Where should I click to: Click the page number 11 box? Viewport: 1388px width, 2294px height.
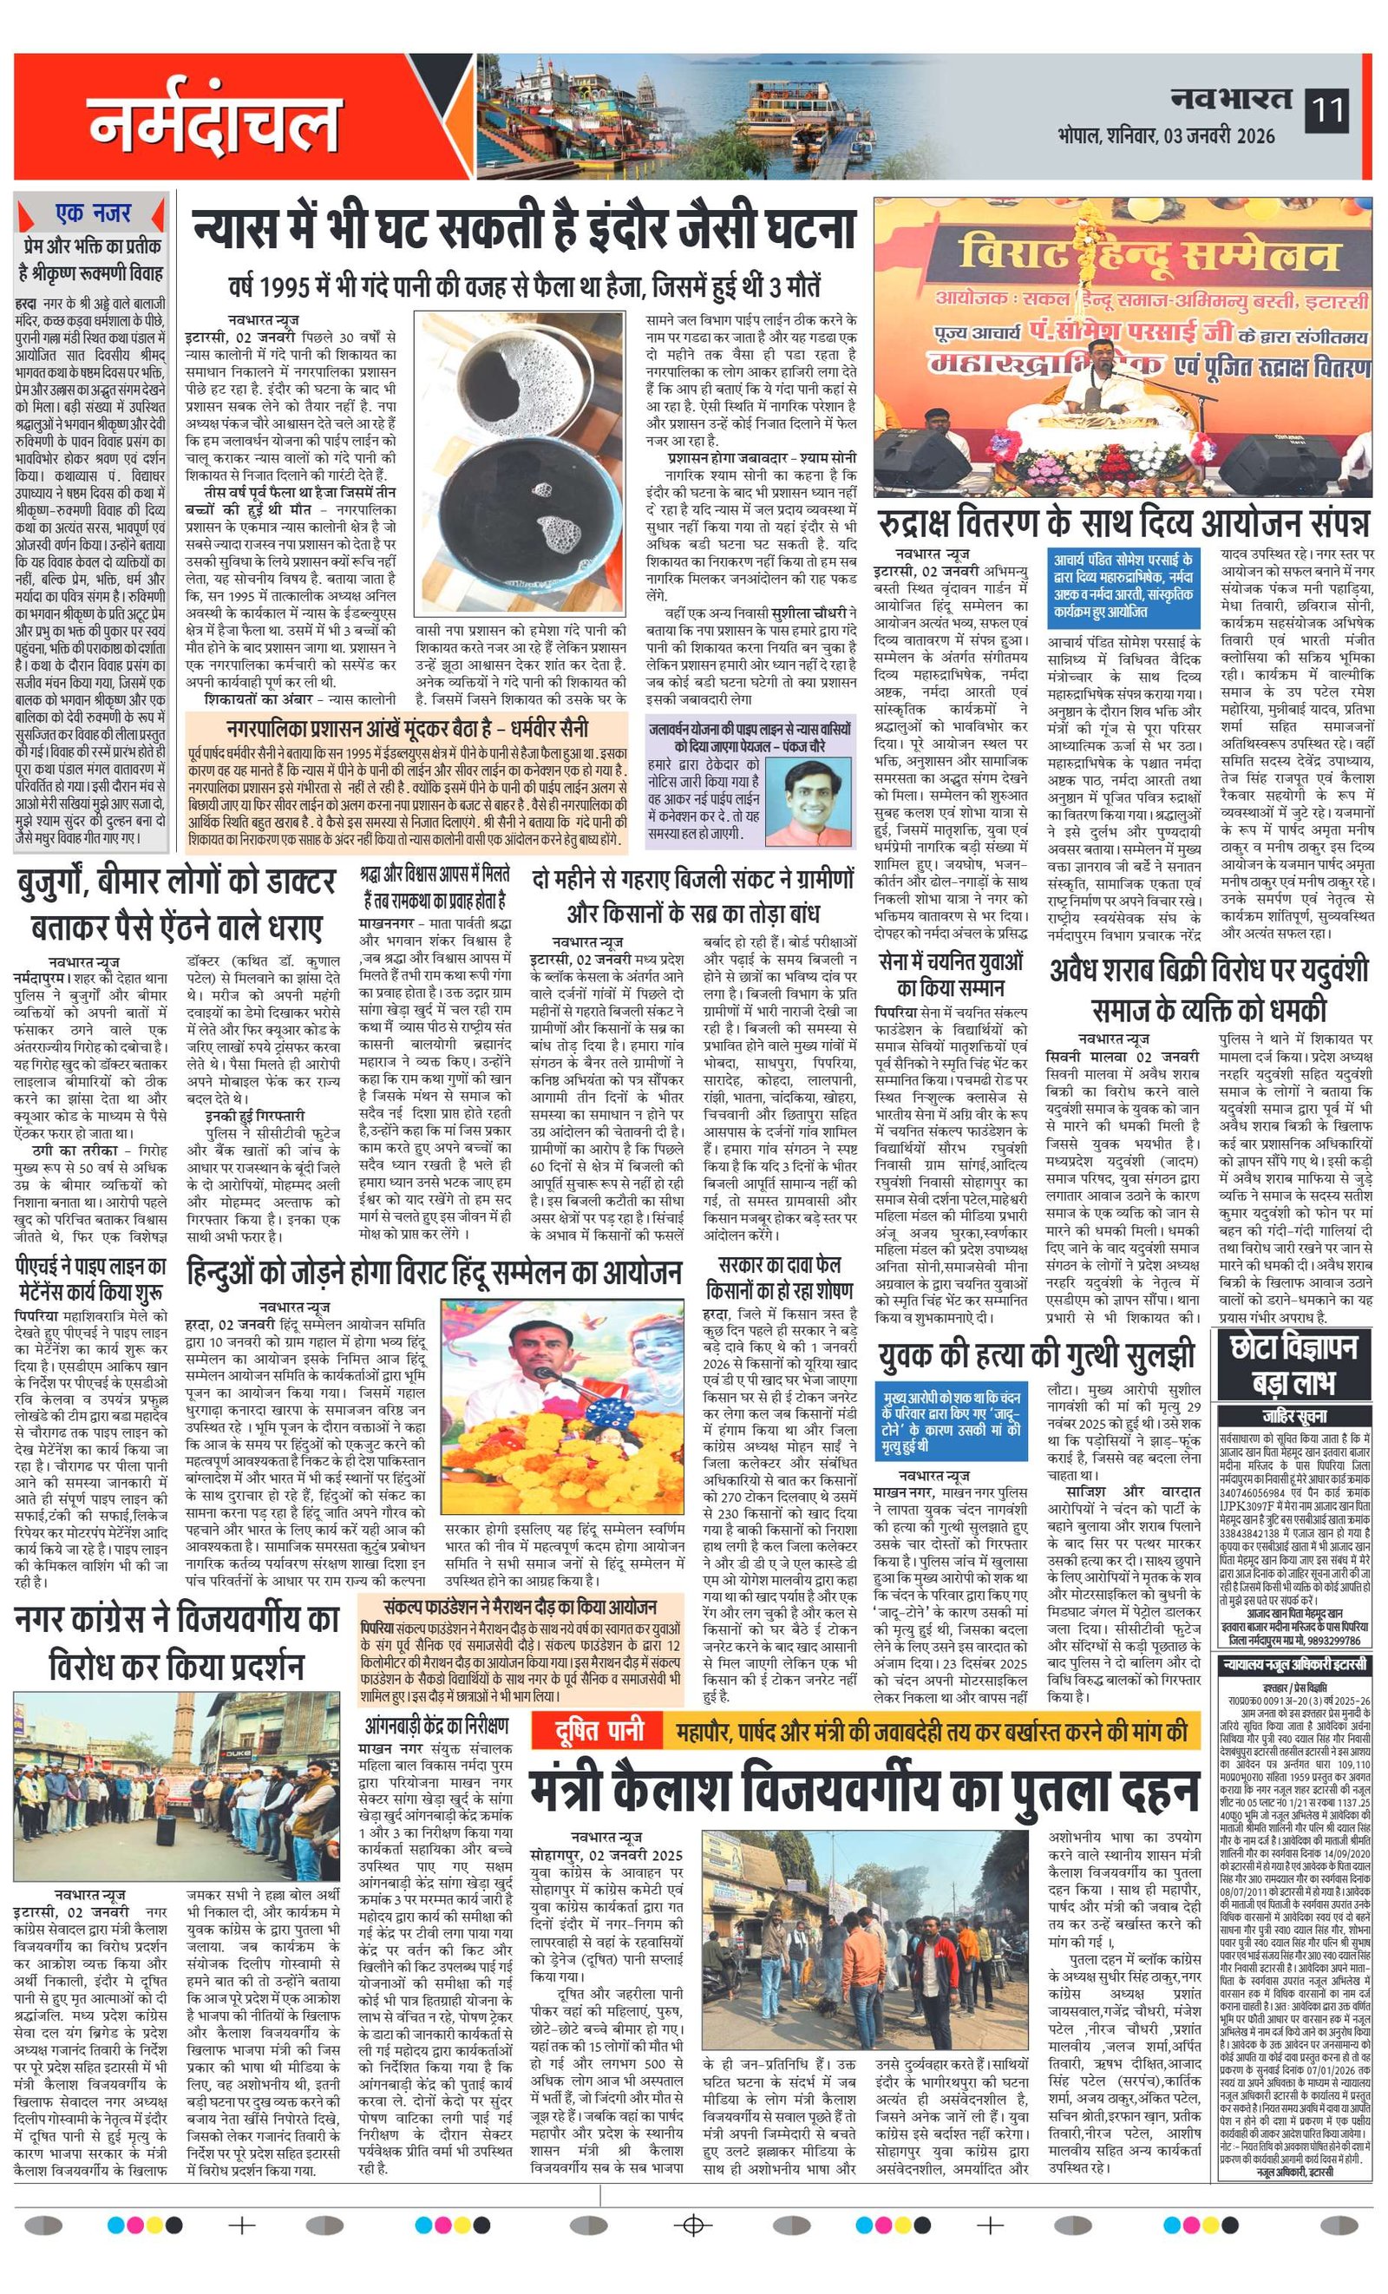coord(1326,111)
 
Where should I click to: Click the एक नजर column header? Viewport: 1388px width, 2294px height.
coord(92,213)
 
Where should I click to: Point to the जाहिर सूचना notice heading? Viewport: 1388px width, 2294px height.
coord(1294,1416)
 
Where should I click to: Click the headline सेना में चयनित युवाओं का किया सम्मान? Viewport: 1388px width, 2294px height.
coord(951,973)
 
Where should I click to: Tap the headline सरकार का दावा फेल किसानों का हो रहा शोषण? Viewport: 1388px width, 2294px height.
coord(779,1279)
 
